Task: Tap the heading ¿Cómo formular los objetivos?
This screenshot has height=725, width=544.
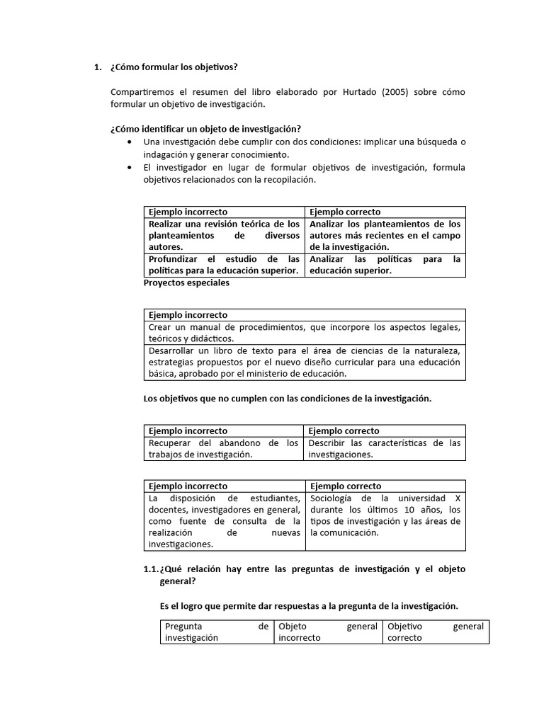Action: [174, 67]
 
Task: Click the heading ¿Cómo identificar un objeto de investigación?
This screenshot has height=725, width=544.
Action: [205, 129]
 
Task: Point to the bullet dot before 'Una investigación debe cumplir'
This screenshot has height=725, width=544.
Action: [128, 142]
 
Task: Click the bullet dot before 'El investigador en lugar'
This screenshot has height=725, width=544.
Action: [128, 168]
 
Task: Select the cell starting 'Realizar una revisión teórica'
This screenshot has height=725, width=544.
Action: [225, 235]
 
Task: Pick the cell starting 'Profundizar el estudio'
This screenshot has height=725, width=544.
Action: [225, 265]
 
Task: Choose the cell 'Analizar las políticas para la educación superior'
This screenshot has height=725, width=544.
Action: [385, 265]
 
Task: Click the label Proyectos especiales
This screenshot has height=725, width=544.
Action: [186, 283]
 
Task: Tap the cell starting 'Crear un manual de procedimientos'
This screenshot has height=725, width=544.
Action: [305, 333]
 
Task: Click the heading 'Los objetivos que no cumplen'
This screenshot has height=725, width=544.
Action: [287, 399]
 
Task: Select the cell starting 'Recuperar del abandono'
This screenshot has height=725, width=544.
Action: [225, 449]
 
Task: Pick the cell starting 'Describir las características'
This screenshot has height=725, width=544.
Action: [385, 449]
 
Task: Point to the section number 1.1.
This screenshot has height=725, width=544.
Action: [151, 569]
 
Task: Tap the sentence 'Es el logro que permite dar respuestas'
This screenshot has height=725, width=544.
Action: [309, 606]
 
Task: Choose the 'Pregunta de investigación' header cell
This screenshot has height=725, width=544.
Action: [217, 632]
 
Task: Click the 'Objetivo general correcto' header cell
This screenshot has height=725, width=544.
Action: [435, 632]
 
